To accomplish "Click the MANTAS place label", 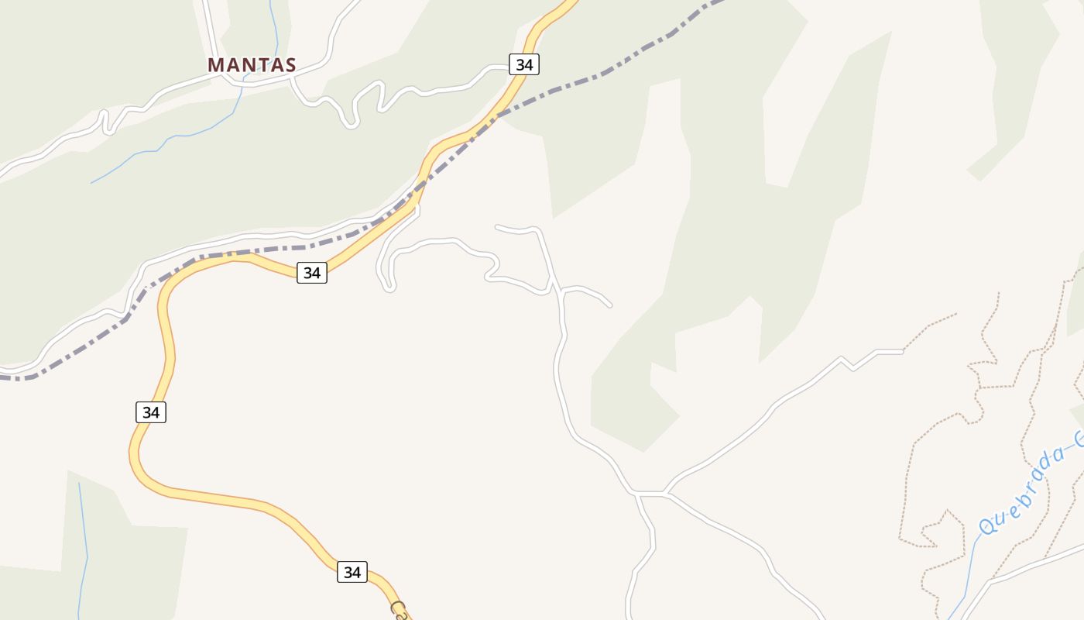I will pyautogui.click(x=252, y=65).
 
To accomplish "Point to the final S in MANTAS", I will pyautogui.click(x=290, y=65).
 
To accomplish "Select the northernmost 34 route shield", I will pyautogui.click(x=524, y=64).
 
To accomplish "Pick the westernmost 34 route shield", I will pyautogui.click(x=151, y=412).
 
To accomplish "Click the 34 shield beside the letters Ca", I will pyautogui.click(x=352, y=572).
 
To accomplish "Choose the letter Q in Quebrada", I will pyautogui.click(x=987, y=526).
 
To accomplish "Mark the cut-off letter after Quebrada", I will pyautogui.click(x=1078, y=439).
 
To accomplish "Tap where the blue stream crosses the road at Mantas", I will pyautogui.click(x=246, y=77).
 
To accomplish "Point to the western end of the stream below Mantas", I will pyautogui.click(x=92, y=183).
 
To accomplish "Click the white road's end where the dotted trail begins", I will pyautogui.click(x=903, y=352).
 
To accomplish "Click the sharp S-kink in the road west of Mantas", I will pyautogui.click(x=107, y=122).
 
